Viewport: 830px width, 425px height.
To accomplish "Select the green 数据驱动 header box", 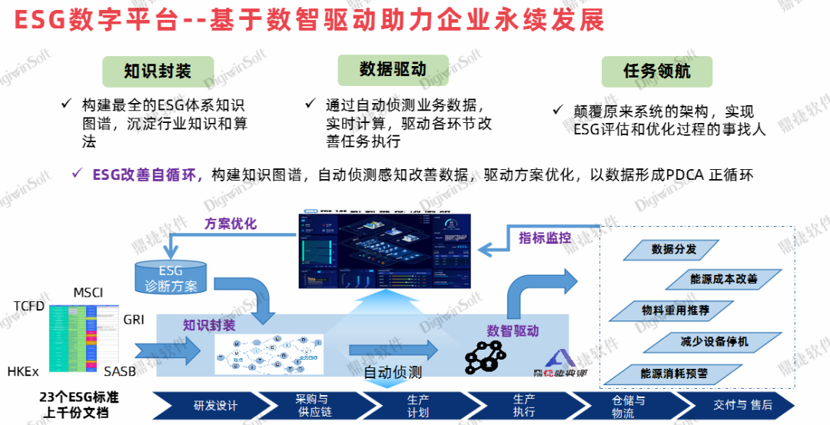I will [393, 69].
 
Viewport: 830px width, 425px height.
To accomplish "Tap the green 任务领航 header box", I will [656, 71].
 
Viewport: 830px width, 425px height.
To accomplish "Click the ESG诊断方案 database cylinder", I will [171, 278].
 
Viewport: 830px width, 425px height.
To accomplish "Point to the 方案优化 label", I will [231, 224].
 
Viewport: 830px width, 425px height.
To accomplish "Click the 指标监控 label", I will [545, 237].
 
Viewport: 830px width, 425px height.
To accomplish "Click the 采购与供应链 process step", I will [312, 406].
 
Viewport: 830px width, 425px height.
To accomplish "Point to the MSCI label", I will [88, 293].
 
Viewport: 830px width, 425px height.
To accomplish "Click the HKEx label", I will [23, 372].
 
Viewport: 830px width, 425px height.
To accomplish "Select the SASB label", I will [121, 372].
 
